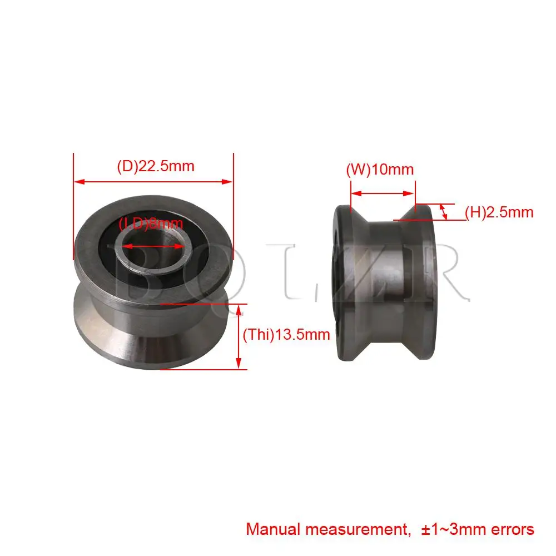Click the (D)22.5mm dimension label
155,166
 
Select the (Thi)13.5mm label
286,334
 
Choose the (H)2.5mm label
499,212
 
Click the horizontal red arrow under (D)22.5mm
153,181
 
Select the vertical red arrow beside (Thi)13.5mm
240,336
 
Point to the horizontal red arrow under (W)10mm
382,193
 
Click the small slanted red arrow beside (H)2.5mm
443,211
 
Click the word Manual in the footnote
271,529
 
